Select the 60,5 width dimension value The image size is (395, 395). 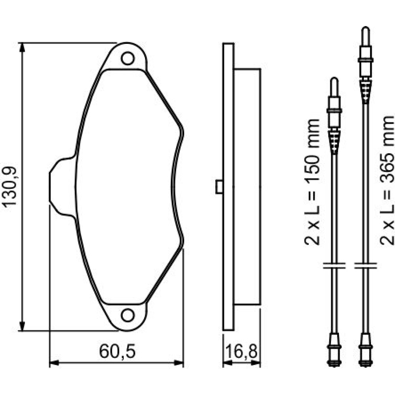point(117,352)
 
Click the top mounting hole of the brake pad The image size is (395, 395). point(128,58)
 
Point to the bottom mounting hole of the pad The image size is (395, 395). point(128,315)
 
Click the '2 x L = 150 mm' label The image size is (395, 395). point(312,182)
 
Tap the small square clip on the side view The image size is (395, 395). point(219,187)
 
